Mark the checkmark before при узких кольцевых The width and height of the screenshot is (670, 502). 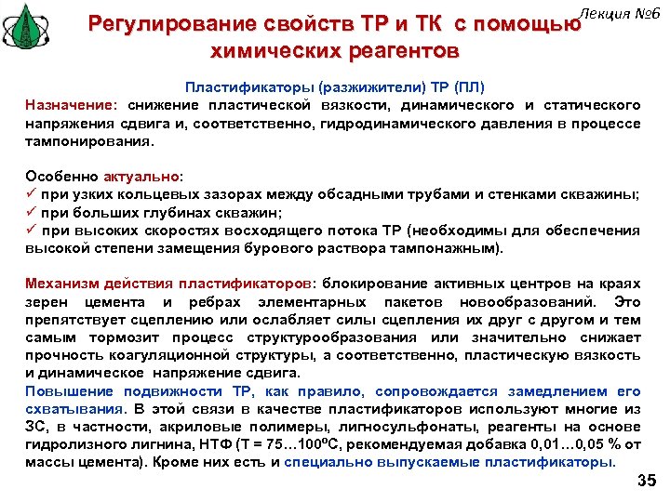[x=32, y=193]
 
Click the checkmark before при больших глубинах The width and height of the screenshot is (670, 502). [x=32, y=212]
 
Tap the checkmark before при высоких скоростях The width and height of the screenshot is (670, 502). [x=32, y=231]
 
